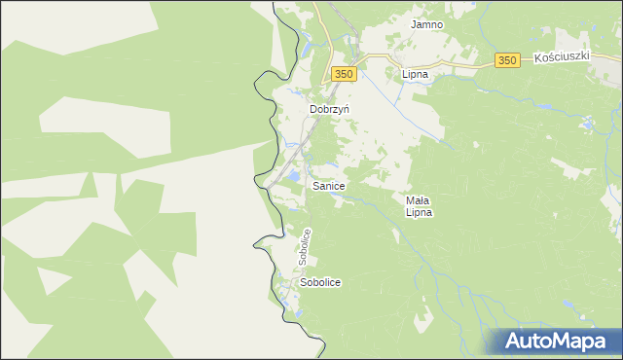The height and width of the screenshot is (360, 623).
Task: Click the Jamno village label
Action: click(x=426, y=24)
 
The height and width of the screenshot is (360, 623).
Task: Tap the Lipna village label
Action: click(x=416, y=73)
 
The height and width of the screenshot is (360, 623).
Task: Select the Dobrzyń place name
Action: click(x=329, y=110)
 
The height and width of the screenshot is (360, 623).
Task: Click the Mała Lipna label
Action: click(x=419, y=205)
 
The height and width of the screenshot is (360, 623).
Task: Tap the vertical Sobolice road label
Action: click(x=306, y=247)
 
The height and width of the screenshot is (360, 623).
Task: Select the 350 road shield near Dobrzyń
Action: click(x=342, y=74)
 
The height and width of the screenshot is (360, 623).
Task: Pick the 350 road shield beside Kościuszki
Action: click(x=506, y=61)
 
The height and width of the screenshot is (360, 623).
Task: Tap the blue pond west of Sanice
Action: click(x=290, y=175)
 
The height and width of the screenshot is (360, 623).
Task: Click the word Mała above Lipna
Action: click(x=419, y=199)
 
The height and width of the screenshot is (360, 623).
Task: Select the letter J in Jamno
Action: click(x=413, y=24)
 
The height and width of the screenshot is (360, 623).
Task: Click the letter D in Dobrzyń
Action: click(x=313, y=110)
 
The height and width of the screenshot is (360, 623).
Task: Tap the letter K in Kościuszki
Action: click(x=538, y=59)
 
